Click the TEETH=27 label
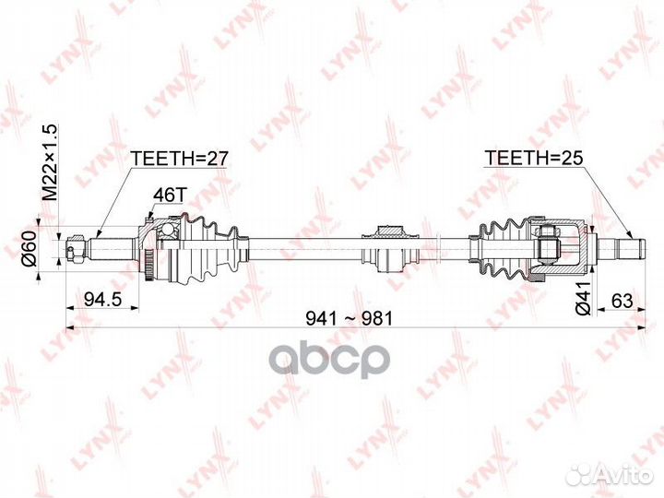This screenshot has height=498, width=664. (180, 159)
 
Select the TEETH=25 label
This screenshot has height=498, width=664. (534, 158)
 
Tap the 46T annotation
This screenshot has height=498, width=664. (170, 195)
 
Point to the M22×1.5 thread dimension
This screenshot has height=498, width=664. (50, 162)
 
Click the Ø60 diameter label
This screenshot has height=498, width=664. (29, 249)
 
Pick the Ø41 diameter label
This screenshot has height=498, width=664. (584, 298)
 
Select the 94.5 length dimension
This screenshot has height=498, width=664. (103, 300)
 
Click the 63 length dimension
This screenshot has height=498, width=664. (622, 301)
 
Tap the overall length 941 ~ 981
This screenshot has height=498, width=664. (350, 318)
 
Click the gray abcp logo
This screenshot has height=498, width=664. (329, 362)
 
